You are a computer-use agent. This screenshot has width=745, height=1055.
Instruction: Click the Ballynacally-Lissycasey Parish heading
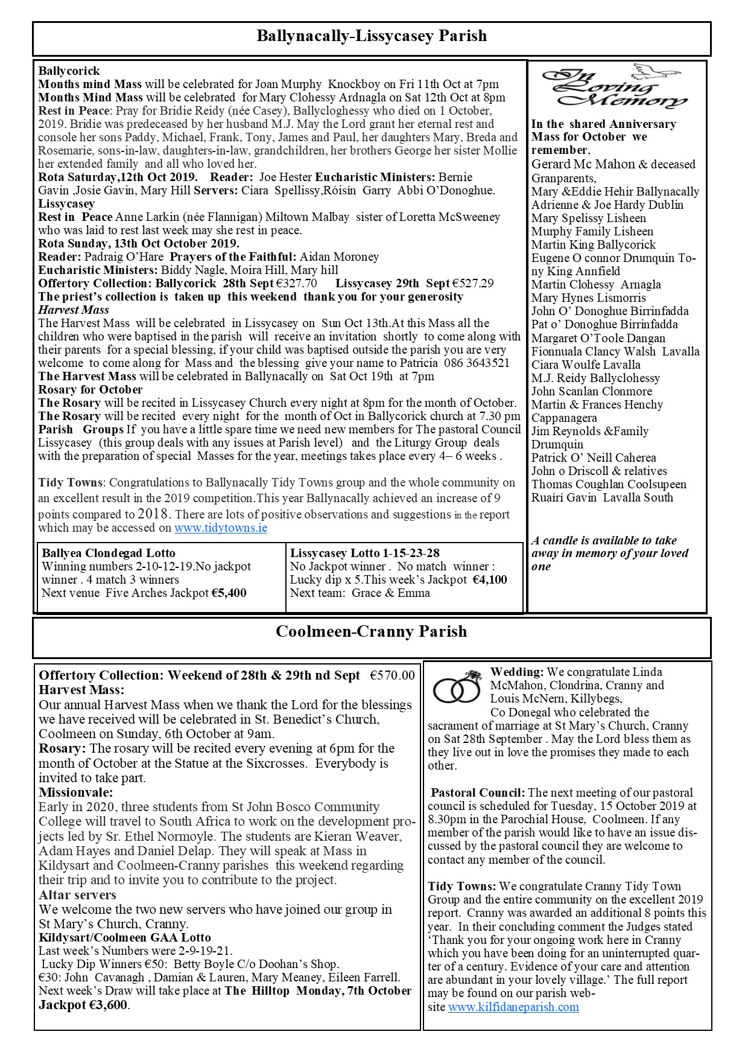pos(372,36)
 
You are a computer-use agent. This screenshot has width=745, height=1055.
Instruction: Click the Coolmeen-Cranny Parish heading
pos(372,632)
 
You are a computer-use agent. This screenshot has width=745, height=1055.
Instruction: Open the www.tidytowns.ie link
pos(221,528)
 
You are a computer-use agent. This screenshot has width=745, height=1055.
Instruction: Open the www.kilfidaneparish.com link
pos(513,1007)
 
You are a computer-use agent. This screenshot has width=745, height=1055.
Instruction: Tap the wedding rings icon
pos(457,687)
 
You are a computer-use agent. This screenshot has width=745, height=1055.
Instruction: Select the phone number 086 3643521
pos(477,363)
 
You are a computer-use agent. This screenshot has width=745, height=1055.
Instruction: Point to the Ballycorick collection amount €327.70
pos(297,284)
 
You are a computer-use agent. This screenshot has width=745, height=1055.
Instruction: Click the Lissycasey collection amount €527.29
pos(473,284)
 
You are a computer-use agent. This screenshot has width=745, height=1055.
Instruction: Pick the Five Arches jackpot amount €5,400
pos(229,593)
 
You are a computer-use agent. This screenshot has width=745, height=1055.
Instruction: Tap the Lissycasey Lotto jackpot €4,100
pos(489,580)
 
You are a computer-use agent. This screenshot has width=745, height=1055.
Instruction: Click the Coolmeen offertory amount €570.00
pos(392,676)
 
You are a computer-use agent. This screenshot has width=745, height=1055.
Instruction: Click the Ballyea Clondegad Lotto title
pos(109,553)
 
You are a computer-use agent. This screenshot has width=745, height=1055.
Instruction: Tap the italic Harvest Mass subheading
pos(74,310)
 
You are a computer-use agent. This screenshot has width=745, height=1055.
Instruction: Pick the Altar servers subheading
pos(78,895)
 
